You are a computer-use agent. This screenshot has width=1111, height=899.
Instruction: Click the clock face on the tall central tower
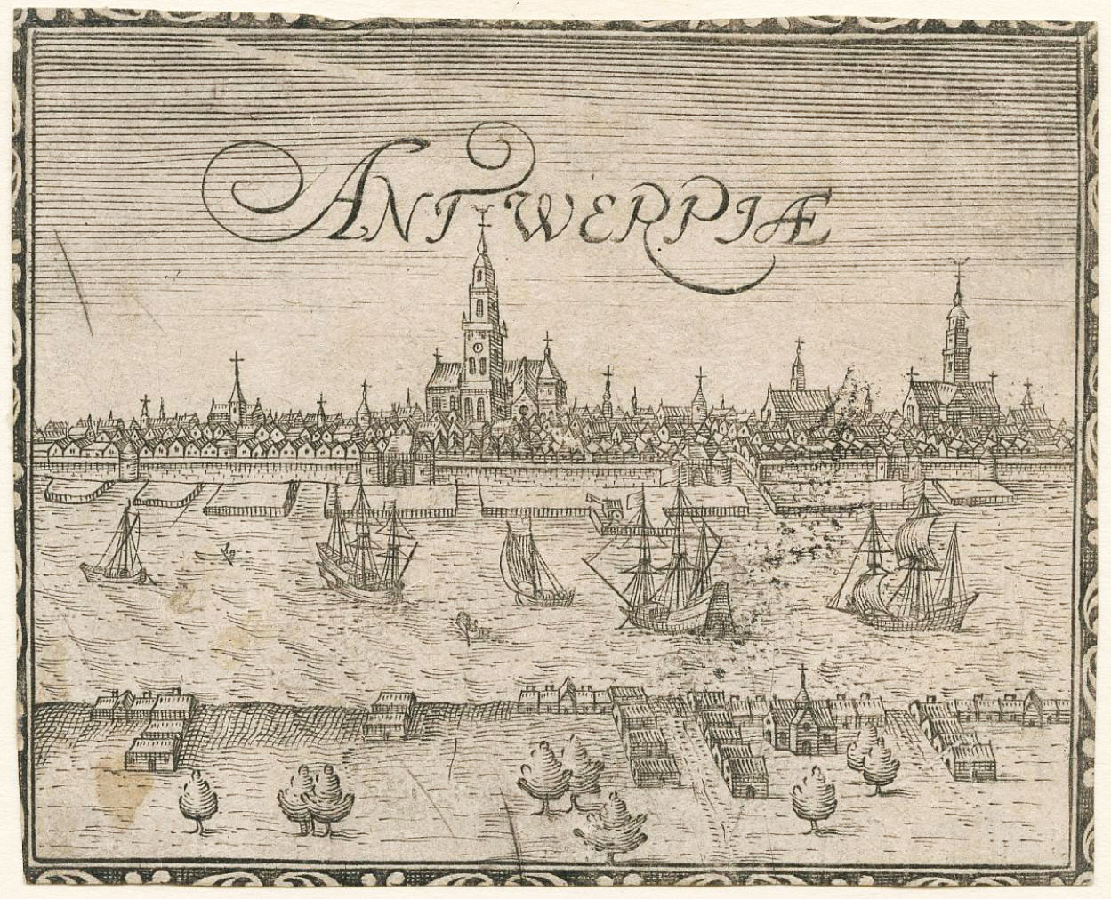coord(478,348)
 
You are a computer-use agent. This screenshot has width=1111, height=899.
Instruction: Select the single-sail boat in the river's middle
coord(534,569)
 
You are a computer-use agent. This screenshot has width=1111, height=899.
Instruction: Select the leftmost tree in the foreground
coord(198,797)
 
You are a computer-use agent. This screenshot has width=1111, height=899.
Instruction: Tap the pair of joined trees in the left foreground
coord(311,797)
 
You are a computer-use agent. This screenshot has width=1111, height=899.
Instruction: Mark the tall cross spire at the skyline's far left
coord(237,378)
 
